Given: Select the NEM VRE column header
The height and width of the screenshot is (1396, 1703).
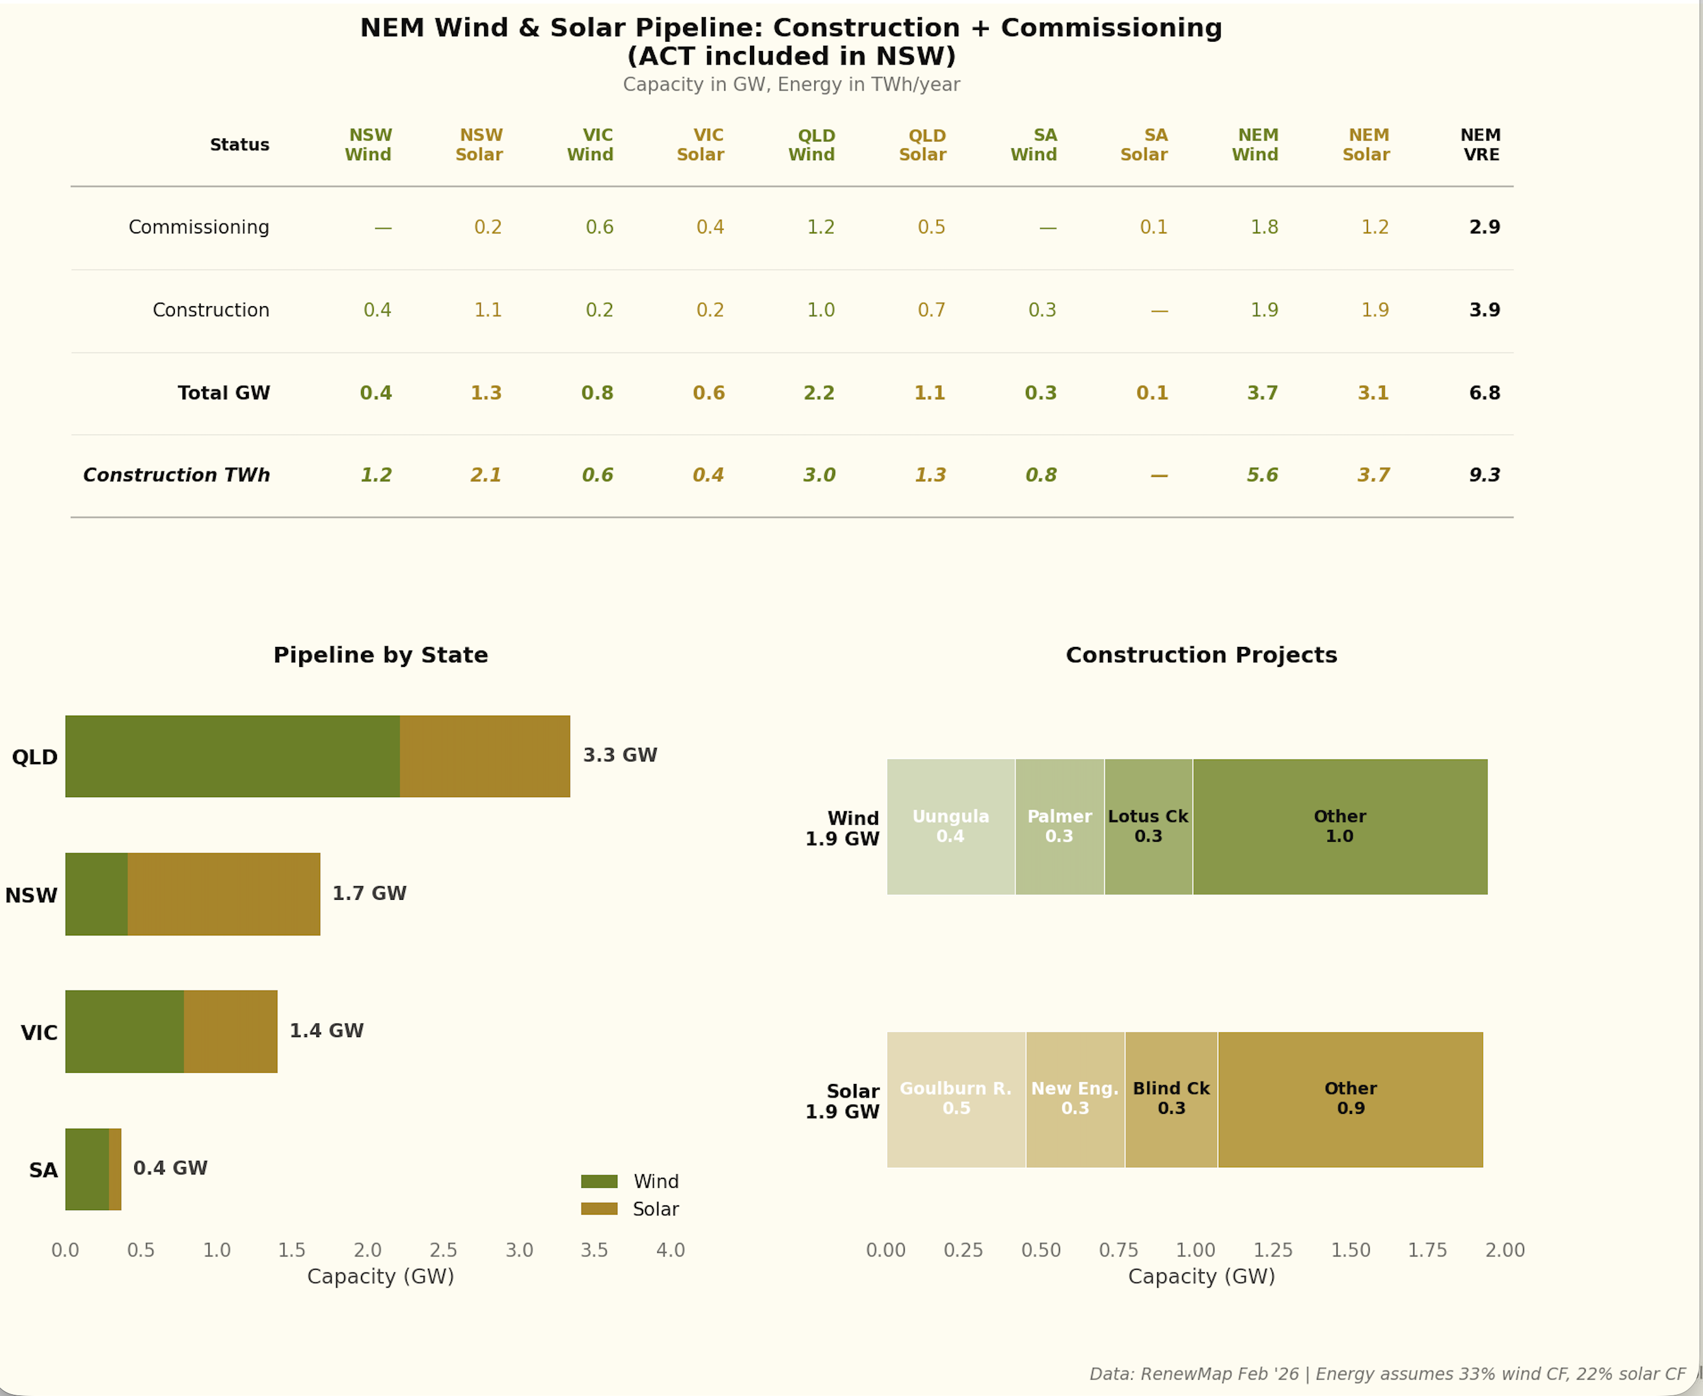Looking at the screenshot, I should point(1479,145).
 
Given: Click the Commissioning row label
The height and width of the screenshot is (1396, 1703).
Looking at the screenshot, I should point(199,228).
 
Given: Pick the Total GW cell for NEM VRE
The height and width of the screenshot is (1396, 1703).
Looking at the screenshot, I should point(1484,393).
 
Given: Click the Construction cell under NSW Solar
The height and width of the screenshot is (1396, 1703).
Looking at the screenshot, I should point(488,310).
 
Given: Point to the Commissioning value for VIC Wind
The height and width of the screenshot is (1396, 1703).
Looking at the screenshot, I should point(599,228).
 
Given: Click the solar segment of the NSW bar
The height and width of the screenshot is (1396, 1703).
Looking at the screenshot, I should point(224,894).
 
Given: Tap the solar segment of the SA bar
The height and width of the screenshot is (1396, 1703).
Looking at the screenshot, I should point(115,1169).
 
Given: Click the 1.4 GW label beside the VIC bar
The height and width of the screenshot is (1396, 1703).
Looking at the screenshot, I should point(327,1031).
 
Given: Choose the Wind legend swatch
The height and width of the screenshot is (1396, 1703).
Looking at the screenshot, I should point(599,1181).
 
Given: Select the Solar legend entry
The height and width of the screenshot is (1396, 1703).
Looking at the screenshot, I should point(655,1209).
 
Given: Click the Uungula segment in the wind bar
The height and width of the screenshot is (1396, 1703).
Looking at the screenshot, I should point(950,826).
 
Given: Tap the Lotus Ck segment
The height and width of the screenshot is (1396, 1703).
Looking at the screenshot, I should point(1148,826).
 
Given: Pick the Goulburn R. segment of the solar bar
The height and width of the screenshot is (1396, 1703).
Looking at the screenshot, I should point(956,1099).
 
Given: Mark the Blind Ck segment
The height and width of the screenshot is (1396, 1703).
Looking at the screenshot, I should point(1171,1099).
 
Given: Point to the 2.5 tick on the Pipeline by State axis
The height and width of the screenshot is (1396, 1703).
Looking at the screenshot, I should point(443,1251).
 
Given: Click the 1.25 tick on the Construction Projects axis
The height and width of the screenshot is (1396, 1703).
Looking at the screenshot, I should point(1273,1251).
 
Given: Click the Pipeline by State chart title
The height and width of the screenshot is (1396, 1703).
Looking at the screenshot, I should point(380,655).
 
